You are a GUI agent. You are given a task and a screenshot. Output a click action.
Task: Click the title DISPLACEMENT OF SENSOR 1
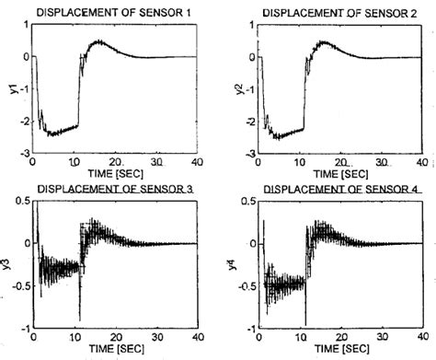click(x=114, y=11)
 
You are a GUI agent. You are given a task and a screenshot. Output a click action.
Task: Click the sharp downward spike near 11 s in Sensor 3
click(x=80, y=318)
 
